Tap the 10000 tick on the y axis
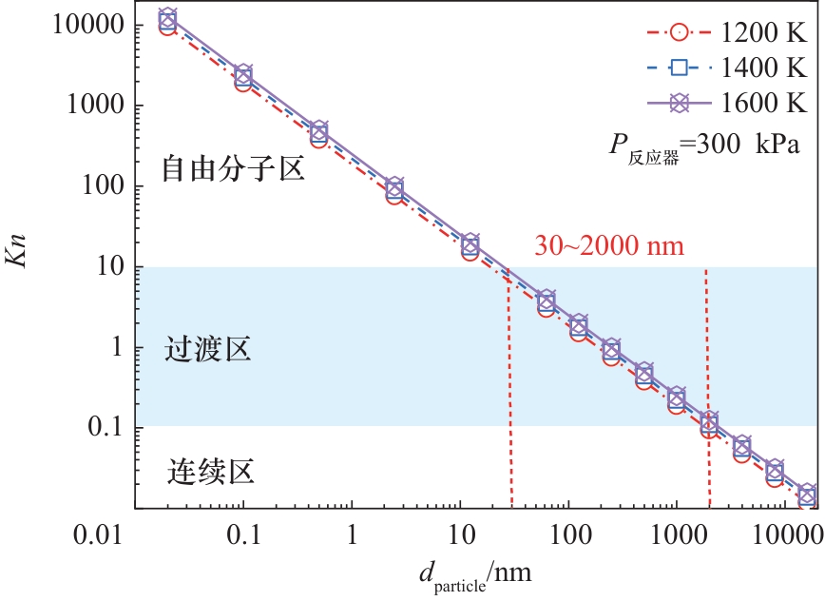click(x=75, y=26)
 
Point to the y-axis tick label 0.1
click(x=99, y=427)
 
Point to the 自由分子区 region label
click(x=233, y=170)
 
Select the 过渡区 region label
click(x=208, y=349)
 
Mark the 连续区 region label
click(x=210, y=470)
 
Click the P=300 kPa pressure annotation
click(x=707, y=145)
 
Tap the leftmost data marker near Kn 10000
click(x=168, y=22)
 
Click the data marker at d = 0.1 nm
click(x=244, y=78)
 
